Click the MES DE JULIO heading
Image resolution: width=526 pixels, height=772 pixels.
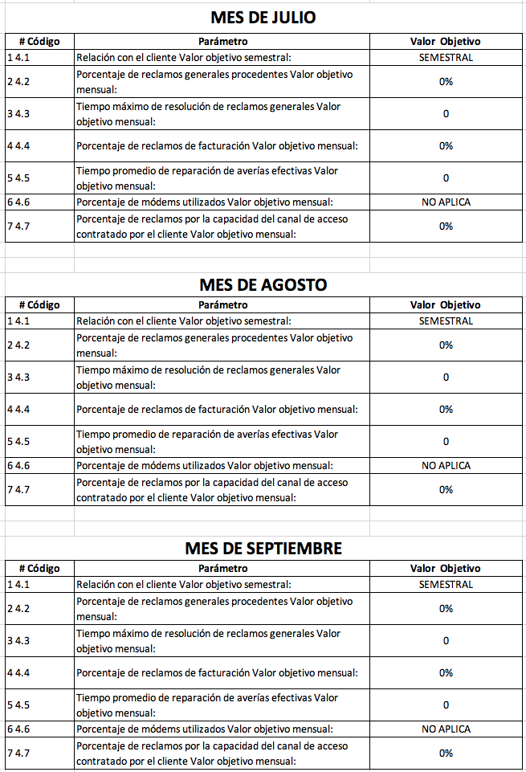263,17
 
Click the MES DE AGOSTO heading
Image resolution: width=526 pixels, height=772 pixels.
263,284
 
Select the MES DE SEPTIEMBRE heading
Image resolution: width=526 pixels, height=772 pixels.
263,548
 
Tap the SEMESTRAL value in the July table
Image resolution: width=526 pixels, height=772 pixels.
446,57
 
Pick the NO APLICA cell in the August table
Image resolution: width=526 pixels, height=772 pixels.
446,465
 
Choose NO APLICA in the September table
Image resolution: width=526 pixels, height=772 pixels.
446,729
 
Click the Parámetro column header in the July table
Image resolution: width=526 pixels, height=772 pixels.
222,41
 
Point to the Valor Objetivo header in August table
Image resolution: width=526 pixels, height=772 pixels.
446,304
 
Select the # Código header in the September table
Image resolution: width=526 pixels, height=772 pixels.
39,568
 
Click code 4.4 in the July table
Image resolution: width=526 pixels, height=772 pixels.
18,145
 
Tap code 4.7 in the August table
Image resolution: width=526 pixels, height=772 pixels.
18,489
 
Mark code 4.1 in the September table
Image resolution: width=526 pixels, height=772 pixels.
18,584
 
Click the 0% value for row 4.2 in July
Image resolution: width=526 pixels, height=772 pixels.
446,81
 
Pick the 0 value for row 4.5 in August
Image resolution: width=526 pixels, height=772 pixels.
446,441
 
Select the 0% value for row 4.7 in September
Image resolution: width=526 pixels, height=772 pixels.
446,753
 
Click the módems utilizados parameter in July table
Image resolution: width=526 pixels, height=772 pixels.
204,202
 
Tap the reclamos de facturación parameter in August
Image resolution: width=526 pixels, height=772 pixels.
217,409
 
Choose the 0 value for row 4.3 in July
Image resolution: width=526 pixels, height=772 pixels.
446,113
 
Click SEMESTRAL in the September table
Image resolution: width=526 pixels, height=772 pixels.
446,584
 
